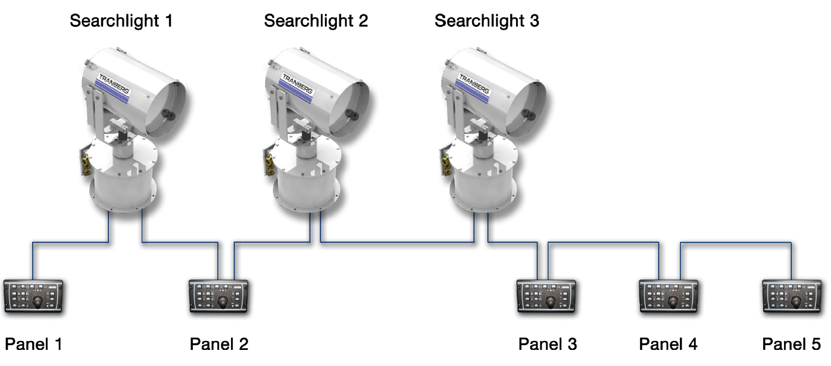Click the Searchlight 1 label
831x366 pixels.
121,21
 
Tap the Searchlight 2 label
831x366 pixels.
316,21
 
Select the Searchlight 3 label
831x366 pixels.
487,21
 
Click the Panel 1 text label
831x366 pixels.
34,344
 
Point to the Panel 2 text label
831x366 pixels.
219,344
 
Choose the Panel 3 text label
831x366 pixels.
548,344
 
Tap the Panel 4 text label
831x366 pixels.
668,344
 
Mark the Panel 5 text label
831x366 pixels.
792,344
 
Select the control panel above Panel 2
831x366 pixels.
218,296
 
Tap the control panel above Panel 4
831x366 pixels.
668,296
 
